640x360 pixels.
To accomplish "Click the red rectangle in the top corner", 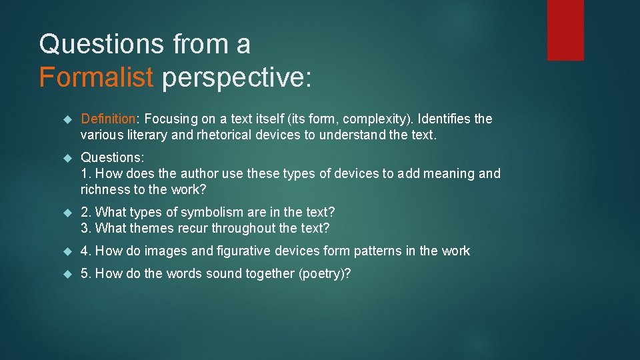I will click(x=565, y=30).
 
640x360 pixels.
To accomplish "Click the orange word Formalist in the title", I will click(x=96, y=77).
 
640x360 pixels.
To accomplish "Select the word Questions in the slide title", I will click(x=101, y=44).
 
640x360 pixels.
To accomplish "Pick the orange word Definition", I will click(x=108, y=119).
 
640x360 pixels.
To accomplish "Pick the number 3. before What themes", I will click(x=86, y=228).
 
